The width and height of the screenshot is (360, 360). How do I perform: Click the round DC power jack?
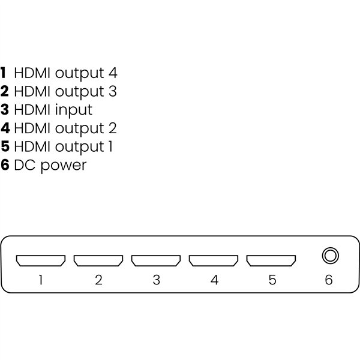(x=329, y=256)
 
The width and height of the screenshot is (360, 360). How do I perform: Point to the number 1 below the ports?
(x=41, y=280)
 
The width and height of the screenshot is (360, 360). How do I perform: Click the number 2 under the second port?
(x=98, y=280)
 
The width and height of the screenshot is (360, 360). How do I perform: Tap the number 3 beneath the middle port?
(x=156, y=280)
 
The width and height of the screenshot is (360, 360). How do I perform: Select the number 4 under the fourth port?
(x=214, y=280)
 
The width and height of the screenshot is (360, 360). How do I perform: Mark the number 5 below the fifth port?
(x=272, y=280)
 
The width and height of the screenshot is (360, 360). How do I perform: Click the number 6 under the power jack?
(x=329, y=280)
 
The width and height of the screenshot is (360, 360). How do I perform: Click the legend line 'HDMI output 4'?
(x=65, y=73)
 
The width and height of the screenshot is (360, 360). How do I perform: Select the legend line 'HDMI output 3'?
(x=65, y=91)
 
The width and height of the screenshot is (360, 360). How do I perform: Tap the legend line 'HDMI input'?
(x=53, y=110)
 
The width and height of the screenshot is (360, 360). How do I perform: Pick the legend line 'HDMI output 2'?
(x=65, y=128)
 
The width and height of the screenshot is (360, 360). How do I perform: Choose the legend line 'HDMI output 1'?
(x=64, y=146)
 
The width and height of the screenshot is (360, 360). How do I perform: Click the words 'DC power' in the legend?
(x=50, y=164)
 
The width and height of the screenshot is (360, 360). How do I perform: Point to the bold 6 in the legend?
(x=5, y=164)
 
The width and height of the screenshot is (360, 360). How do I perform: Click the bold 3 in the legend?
(x=5, y=110)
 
